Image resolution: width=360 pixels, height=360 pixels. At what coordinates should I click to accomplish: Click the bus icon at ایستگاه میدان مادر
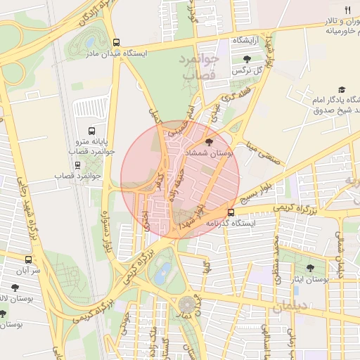coord(116,41)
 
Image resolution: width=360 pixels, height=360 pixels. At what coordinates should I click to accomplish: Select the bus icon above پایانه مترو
coord(91,131)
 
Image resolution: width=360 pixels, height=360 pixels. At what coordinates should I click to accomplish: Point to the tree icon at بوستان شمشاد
coord(207,143)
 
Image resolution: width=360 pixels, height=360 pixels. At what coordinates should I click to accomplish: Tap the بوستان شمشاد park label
coord(207,153)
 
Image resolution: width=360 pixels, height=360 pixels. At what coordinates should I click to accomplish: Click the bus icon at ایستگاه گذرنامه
coord(231,212)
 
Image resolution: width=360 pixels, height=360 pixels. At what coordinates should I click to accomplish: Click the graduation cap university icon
coord(342,90)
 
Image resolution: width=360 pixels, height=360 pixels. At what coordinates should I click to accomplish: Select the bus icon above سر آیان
coord(28,259)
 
